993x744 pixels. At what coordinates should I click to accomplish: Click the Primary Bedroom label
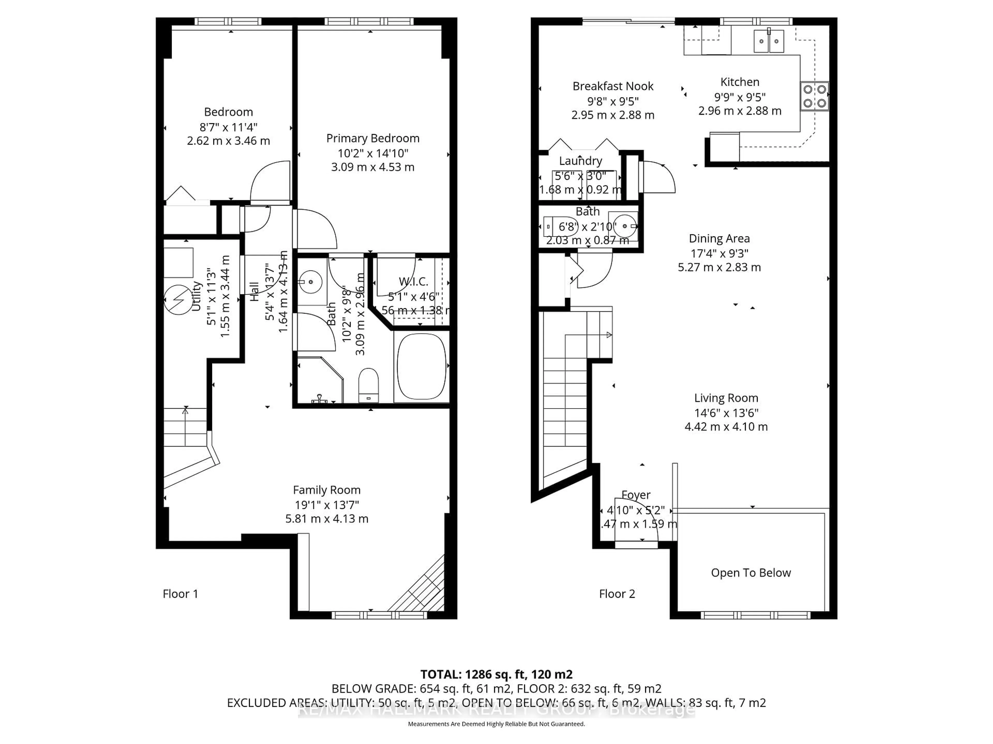pos(373,138)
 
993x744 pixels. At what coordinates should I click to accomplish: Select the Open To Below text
pos(751,573)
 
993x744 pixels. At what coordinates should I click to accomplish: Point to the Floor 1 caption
pos(180,594)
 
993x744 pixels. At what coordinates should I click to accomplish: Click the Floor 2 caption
pos(617,594)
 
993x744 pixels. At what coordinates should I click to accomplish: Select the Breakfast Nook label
pos(613,86)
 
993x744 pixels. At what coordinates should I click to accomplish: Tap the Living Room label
pos(726,398)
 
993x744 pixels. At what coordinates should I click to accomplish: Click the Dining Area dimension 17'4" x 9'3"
pos(719,253)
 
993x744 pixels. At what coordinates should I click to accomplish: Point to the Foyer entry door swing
pos(640,516)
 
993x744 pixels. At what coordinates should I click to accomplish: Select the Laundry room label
pos(581,160)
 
